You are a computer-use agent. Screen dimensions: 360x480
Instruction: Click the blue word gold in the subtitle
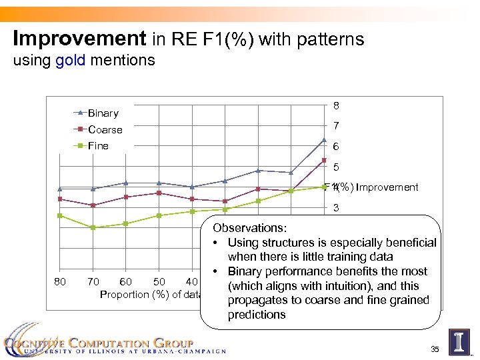click(70, 61)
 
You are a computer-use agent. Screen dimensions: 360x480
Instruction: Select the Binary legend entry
click(103, 113)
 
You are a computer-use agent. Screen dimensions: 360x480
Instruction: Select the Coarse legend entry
click(105, 129)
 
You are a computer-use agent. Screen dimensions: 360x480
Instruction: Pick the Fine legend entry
click(98, 145)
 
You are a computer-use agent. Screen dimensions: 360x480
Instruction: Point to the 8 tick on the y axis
click(337, 105)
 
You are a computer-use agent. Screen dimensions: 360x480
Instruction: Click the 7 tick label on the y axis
click(337, 126)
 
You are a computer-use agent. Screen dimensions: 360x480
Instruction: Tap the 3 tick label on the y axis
click(337, 208)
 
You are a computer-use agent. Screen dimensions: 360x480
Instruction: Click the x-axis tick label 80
click(59, 281)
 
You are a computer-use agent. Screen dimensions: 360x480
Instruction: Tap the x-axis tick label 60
click(125, 281)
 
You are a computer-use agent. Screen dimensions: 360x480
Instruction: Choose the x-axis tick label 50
click(159, 281)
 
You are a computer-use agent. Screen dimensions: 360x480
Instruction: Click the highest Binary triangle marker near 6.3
click(324, 140)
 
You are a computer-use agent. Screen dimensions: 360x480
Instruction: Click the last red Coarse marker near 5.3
click(324, 160)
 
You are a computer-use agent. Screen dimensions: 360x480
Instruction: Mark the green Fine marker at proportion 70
click(93, 227)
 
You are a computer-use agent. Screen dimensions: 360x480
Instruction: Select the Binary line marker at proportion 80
click(59, 189)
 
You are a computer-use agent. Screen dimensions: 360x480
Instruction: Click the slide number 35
click(435, 349)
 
